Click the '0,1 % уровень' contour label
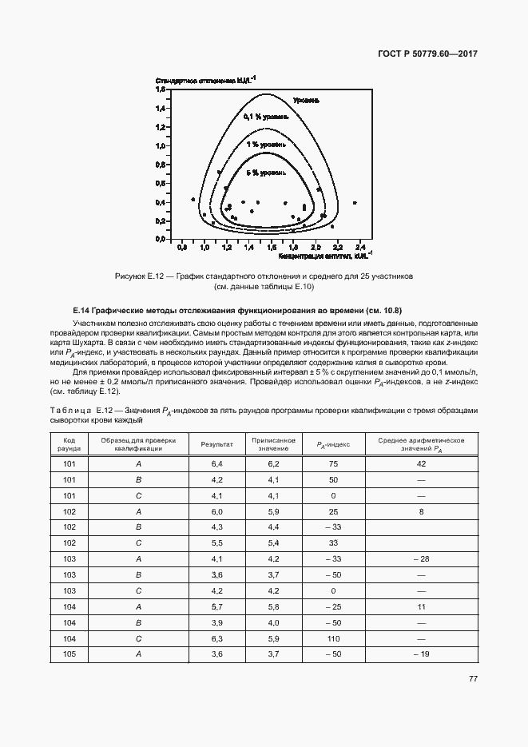pos(270,117)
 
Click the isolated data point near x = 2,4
pos(355,202)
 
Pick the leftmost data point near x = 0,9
pos(193,199)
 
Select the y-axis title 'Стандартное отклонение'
pos(205,81)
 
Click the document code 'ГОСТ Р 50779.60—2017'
pos(427,54)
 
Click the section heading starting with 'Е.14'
pos(237,309)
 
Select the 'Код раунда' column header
pos(69,444)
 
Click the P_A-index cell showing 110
pos(334,638)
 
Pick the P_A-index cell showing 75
pos(334,463)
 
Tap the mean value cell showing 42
pos(421,463)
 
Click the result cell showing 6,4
pos(216,463)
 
